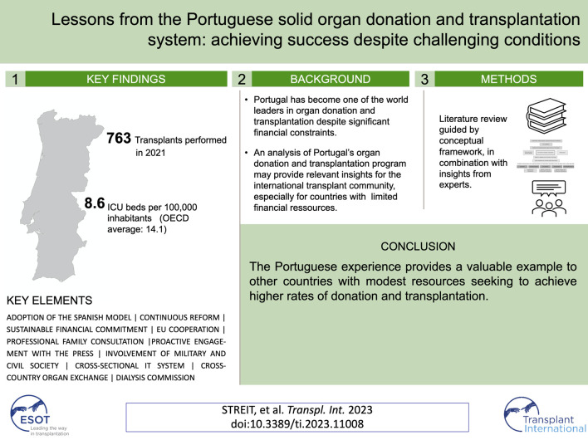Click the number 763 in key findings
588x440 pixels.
121,138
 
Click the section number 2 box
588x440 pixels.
241,80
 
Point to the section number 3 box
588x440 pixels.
424,80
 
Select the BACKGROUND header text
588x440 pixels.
330,80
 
